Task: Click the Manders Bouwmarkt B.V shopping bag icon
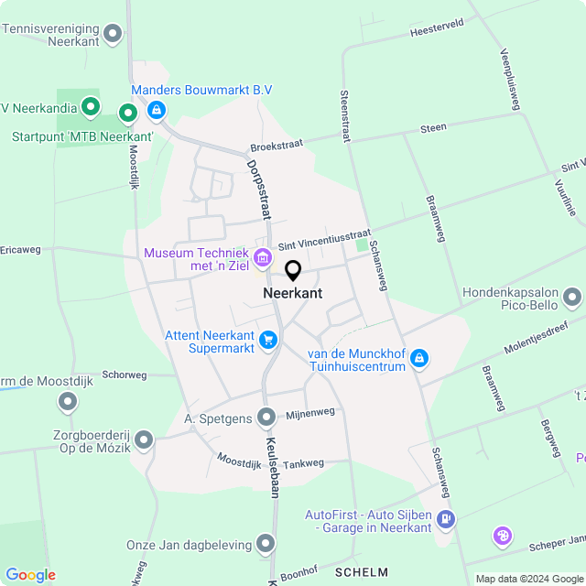(x=157, y=112)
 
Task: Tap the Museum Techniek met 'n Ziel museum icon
(x=263, y=258)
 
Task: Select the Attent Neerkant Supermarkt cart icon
(x=267, y=341)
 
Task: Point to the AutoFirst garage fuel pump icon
(x=445, y=519)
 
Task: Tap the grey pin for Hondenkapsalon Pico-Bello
(x=572, y=298)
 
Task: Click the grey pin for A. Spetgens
(x=266, y=418)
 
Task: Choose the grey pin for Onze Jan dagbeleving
(x=266, y=545)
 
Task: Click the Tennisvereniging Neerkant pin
(x=113, y=35)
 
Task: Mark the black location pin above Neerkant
(x=293, y=270)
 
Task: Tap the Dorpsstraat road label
(x=259, y=190)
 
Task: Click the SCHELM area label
(x=362, y=572)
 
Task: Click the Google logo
(x=30, y=575)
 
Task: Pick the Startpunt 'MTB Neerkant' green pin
(x=128, y=114)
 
